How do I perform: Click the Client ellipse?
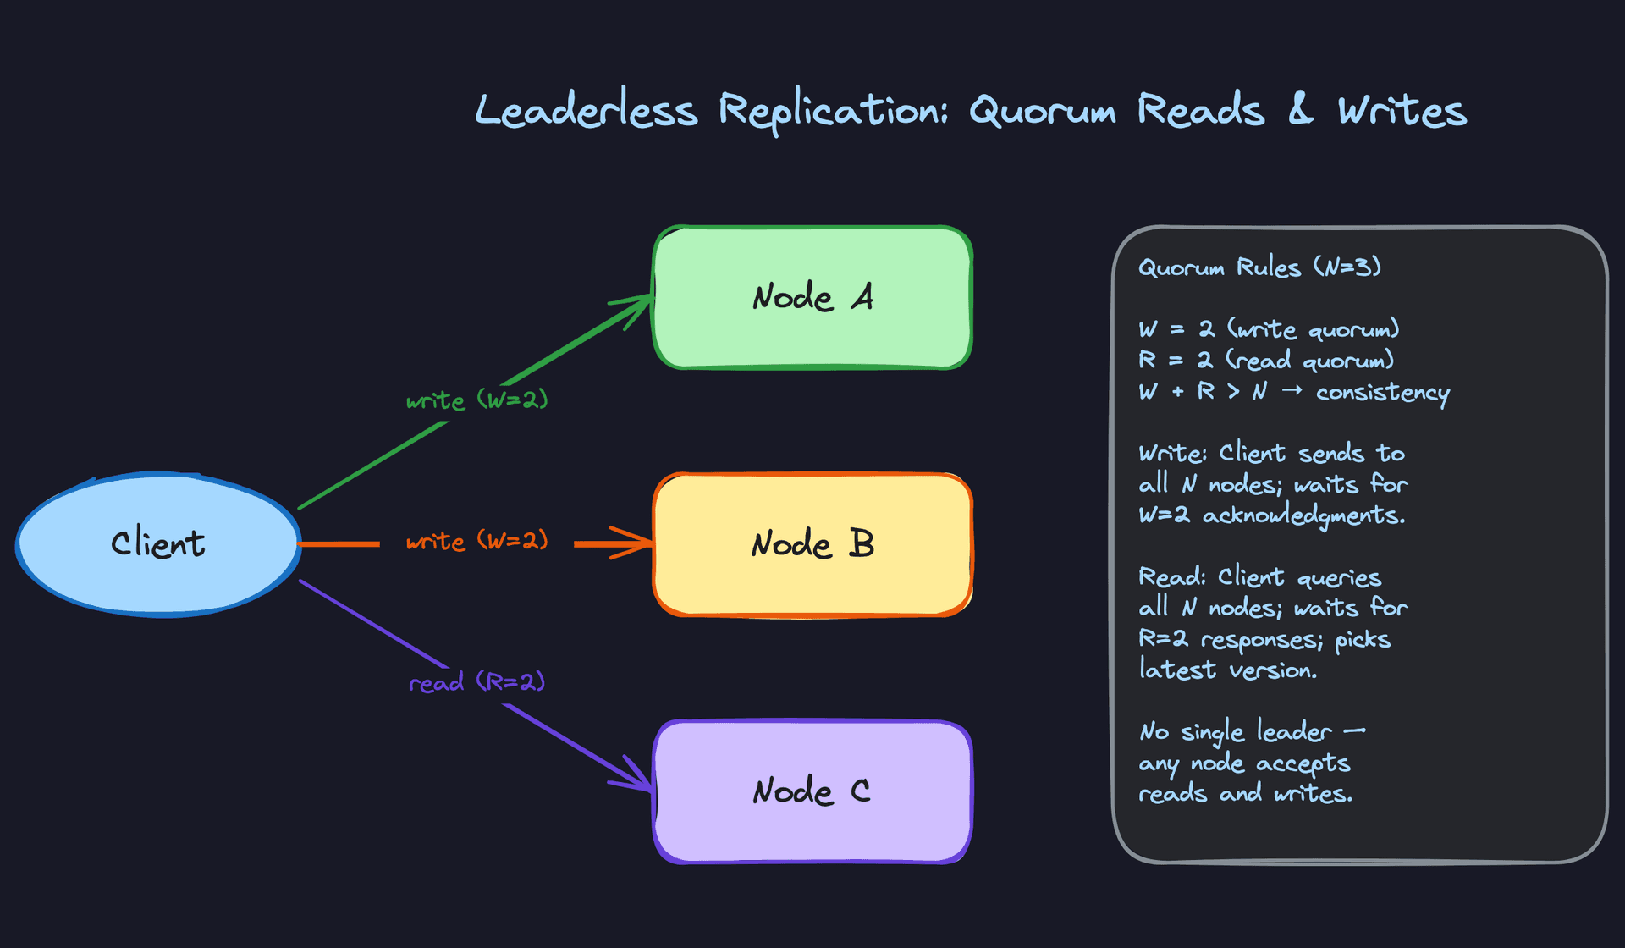pos(158,543)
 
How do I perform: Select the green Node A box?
pos(812,297)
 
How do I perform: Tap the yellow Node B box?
pos(812,544)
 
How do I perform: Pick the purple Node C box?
pos(812,791)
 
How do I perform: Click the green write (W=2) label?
pos(476,400)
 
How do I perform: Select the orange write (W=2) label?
pos(476,540)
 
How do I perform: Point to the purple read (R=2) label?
pos(476,681)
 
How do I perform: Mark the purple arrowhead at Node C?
pos(639,779)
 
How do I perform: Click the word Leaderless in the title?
pos(586,111)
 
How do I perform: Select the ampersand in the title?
pos(1301,110)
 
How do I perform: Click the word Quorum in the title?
pos(1042,111)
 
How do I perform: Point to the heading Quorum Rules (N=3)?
pos(1259,267)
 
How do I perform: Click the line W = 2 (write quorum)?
pos(1268,329)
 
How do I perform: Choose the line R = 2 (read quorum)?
pos(1265,361)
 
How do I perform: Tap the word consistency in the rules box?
pos(1382,393)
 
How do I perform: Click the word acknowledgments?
pos(1303,515)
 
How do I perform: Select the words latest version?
pos(1227,670)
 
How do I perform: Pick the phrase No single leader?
pos(1236,731)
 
